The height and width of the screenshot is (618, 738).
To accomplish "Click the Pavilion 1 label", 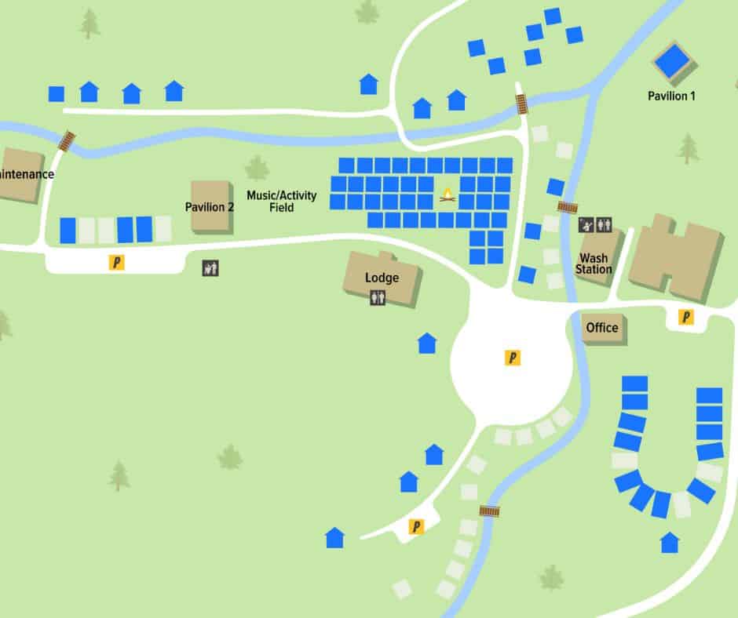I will click(671, 96).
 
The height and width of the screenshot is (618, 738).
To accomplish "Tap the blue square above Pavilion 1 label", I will click(672, 61).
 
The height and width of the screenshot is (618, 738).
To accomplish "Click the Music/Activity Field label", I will click(281, 202).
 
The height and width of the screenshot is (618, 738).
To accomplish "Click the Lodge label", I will click(382, 278).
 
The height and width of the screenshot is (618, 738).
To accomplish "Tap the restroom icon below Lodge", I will click(378, 297).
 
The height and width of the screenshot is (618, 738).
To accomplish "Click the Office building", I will click(603, 328).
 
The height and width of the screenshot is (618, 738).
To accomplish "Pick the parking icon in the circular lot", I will click(513, 358).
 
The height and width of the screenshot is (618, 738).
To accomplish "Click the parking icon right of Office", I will click(686, 317).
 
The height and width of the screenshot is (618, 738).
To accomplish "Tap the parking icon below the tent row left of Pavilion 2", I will click(117, 263).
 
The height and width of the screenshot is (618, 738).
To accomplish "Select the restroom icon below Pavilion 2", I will click(210, 268).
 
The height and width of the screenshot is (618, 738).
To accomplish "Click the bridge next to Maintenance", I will click(68, 140).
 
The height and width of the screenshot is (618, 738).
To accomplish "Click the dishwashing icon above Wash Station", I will click(586, 225).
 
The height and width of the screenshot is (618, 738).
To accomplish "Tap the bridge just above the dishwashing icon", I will click(567, 207).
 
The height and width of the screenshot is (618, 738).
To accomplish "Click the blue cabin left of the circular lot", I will click(426, 343).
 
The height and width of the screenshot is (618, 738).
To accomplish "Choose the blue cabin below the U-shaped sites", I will click(670, 542).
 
